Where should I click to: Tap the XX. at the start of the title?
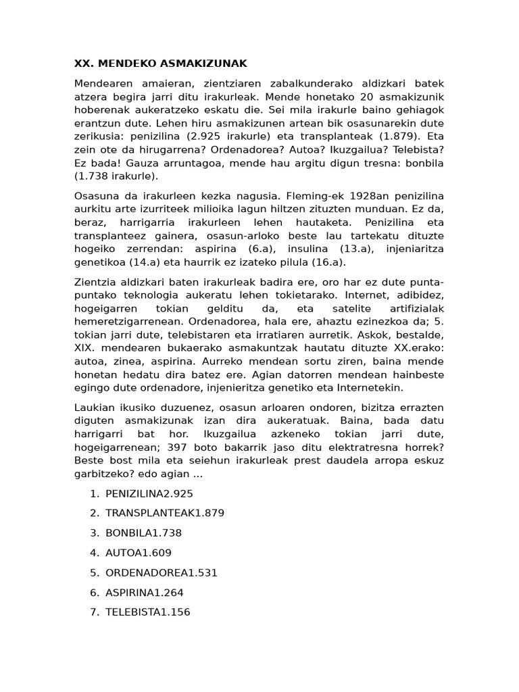[83, 64]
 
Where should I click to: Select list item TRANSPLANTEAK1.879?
[165, 514]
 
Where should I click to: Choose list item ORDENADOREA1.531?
[162, 572]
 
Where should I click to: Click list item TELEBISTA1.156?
[148, 612]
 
